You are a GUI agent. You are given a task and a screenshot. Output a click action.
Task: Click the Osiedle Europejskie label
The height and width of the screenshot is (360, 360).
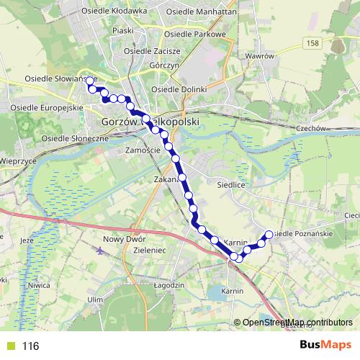(x=44, y=107)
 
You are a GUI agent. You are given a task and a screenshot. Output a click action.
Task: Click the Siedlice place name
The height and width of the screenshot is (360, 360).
(x=232, y=184)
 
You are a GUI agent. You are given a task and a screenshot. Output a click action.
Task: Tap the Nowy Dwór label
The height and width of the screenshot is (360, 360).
(x=125, y=239)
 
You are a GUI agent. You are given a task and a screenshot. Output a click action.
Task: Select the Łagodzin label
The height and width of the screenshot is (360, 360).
(x=170, y=284)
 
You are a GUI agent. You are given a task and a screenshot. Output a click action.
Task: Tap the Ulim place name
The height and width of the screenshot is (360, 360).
(x=96, y=299)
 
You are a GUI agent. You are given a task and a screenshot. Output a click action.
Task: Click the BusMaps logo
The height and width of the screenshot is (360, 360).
(x=325, y=346)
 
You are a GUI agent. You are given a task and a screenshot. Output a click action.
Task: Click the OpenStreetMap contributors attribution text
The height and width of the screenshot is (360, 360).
(x=297, y=323)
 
